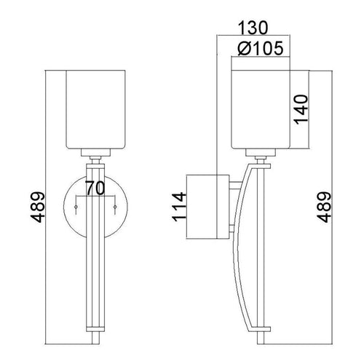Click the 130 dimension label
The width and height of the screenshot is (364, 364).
click(x=253, y=28)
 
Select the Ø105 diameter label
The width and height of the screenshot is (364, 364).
click(x=261, y=48)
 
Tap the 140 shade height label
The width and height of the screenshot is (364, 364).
click(x=301, y=109)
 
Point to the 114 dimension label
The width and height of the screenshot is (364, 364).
click(x=179, y=207)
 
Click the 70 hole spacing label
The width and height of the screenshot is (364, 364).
click(x=95, y=189)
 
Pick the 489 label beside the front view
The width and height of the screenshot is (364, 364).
click(x=38, y=207)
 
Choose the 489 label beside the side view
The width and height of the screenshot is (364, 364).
click(x=325, y=207)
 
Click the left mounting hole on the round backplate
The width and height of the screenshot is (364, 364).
click(x=76, y=207)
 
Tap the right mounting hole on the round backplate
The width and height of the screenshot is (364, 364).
click(x=115, y=207)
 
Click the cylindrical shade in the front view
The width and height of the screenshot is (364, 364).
click(x=95, y=109)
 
